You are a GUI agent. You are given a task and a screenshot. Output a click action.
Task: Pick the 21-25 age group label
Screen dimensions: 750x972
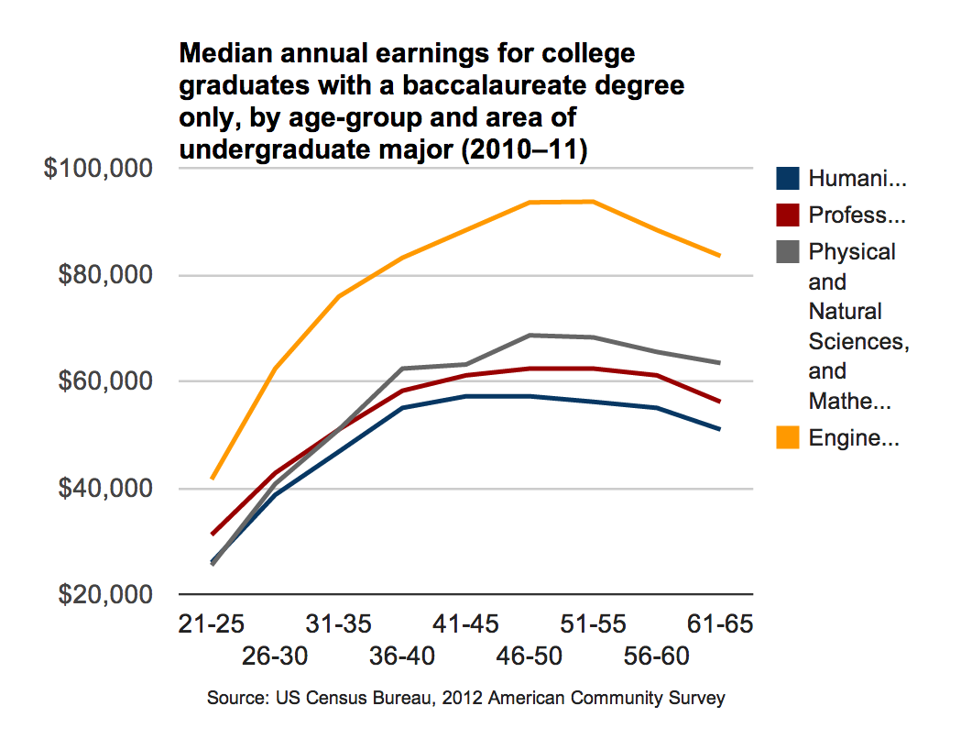point(212,625)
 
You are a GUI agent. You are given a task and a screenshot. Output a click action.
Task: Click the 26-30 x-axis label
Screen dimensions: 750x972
point(276,656)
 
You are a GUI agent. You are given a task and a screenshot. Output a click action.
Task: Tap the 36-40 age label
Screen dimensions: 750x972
point(403,656)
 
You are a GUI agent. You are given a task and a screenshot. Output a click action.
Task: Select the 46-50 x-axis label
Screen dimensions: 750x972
point(530,656)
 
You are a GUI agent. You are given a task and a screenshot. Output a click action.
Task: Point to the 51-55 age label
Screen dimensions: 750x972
point(594,625)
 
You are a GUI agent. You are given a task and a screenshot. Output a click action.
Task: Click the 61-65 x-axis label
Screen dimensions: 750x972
point(720,625)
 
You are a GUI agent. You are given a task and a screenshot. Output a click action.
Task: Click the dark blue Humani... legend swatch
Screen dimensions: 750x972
point(787,180)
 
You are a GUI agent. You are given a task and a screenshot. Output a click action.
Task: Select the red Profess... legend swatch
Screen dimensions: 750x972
point(787,215)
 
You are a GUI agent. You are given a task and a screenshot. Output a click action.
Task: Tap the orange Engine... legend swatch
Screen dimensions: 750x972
point(787,438)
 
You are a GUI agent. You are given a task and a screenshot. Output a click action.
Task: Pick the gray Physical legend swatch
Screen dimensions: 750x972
point(787,252)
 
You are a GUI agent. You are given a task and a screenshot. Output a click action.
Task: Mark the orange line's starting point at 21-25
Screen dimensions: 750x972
point(213,478)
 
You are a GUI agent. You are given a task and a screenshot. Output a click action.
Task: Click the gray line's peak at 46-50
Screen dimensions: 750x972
point(530,336)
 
